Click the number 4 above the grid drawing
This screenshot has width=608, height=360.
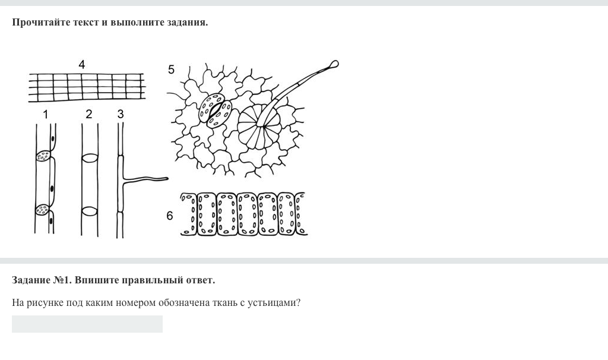[81, 64]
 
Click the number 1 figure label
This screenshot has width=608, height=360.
[46, 115]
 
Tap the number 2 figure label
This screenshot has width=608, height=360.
[89, 114]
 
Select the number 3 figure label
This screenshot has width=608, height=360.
[120, 114]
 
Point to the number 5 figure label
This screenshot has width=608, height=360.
[171, 70]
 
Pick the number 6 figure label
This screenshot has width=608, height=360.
[169, 216]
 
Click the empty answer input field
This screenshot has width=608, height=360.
[87, 324]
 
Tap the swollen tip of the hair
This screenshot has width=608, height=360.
[334, 64]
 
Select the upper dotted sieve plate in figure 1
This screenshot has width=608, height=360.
[43, 156]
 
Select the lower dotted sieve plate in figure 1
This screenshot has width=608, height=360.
[43, 210]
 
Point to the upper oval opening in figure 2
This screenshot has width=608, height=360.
[90, 158]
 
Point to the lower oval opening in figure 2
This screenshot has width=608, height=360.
[90, 211]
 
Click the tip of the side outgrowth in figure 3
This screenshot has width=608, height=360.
[167, 179]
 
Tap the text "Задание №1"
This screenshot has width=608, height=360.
[42, 280]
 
